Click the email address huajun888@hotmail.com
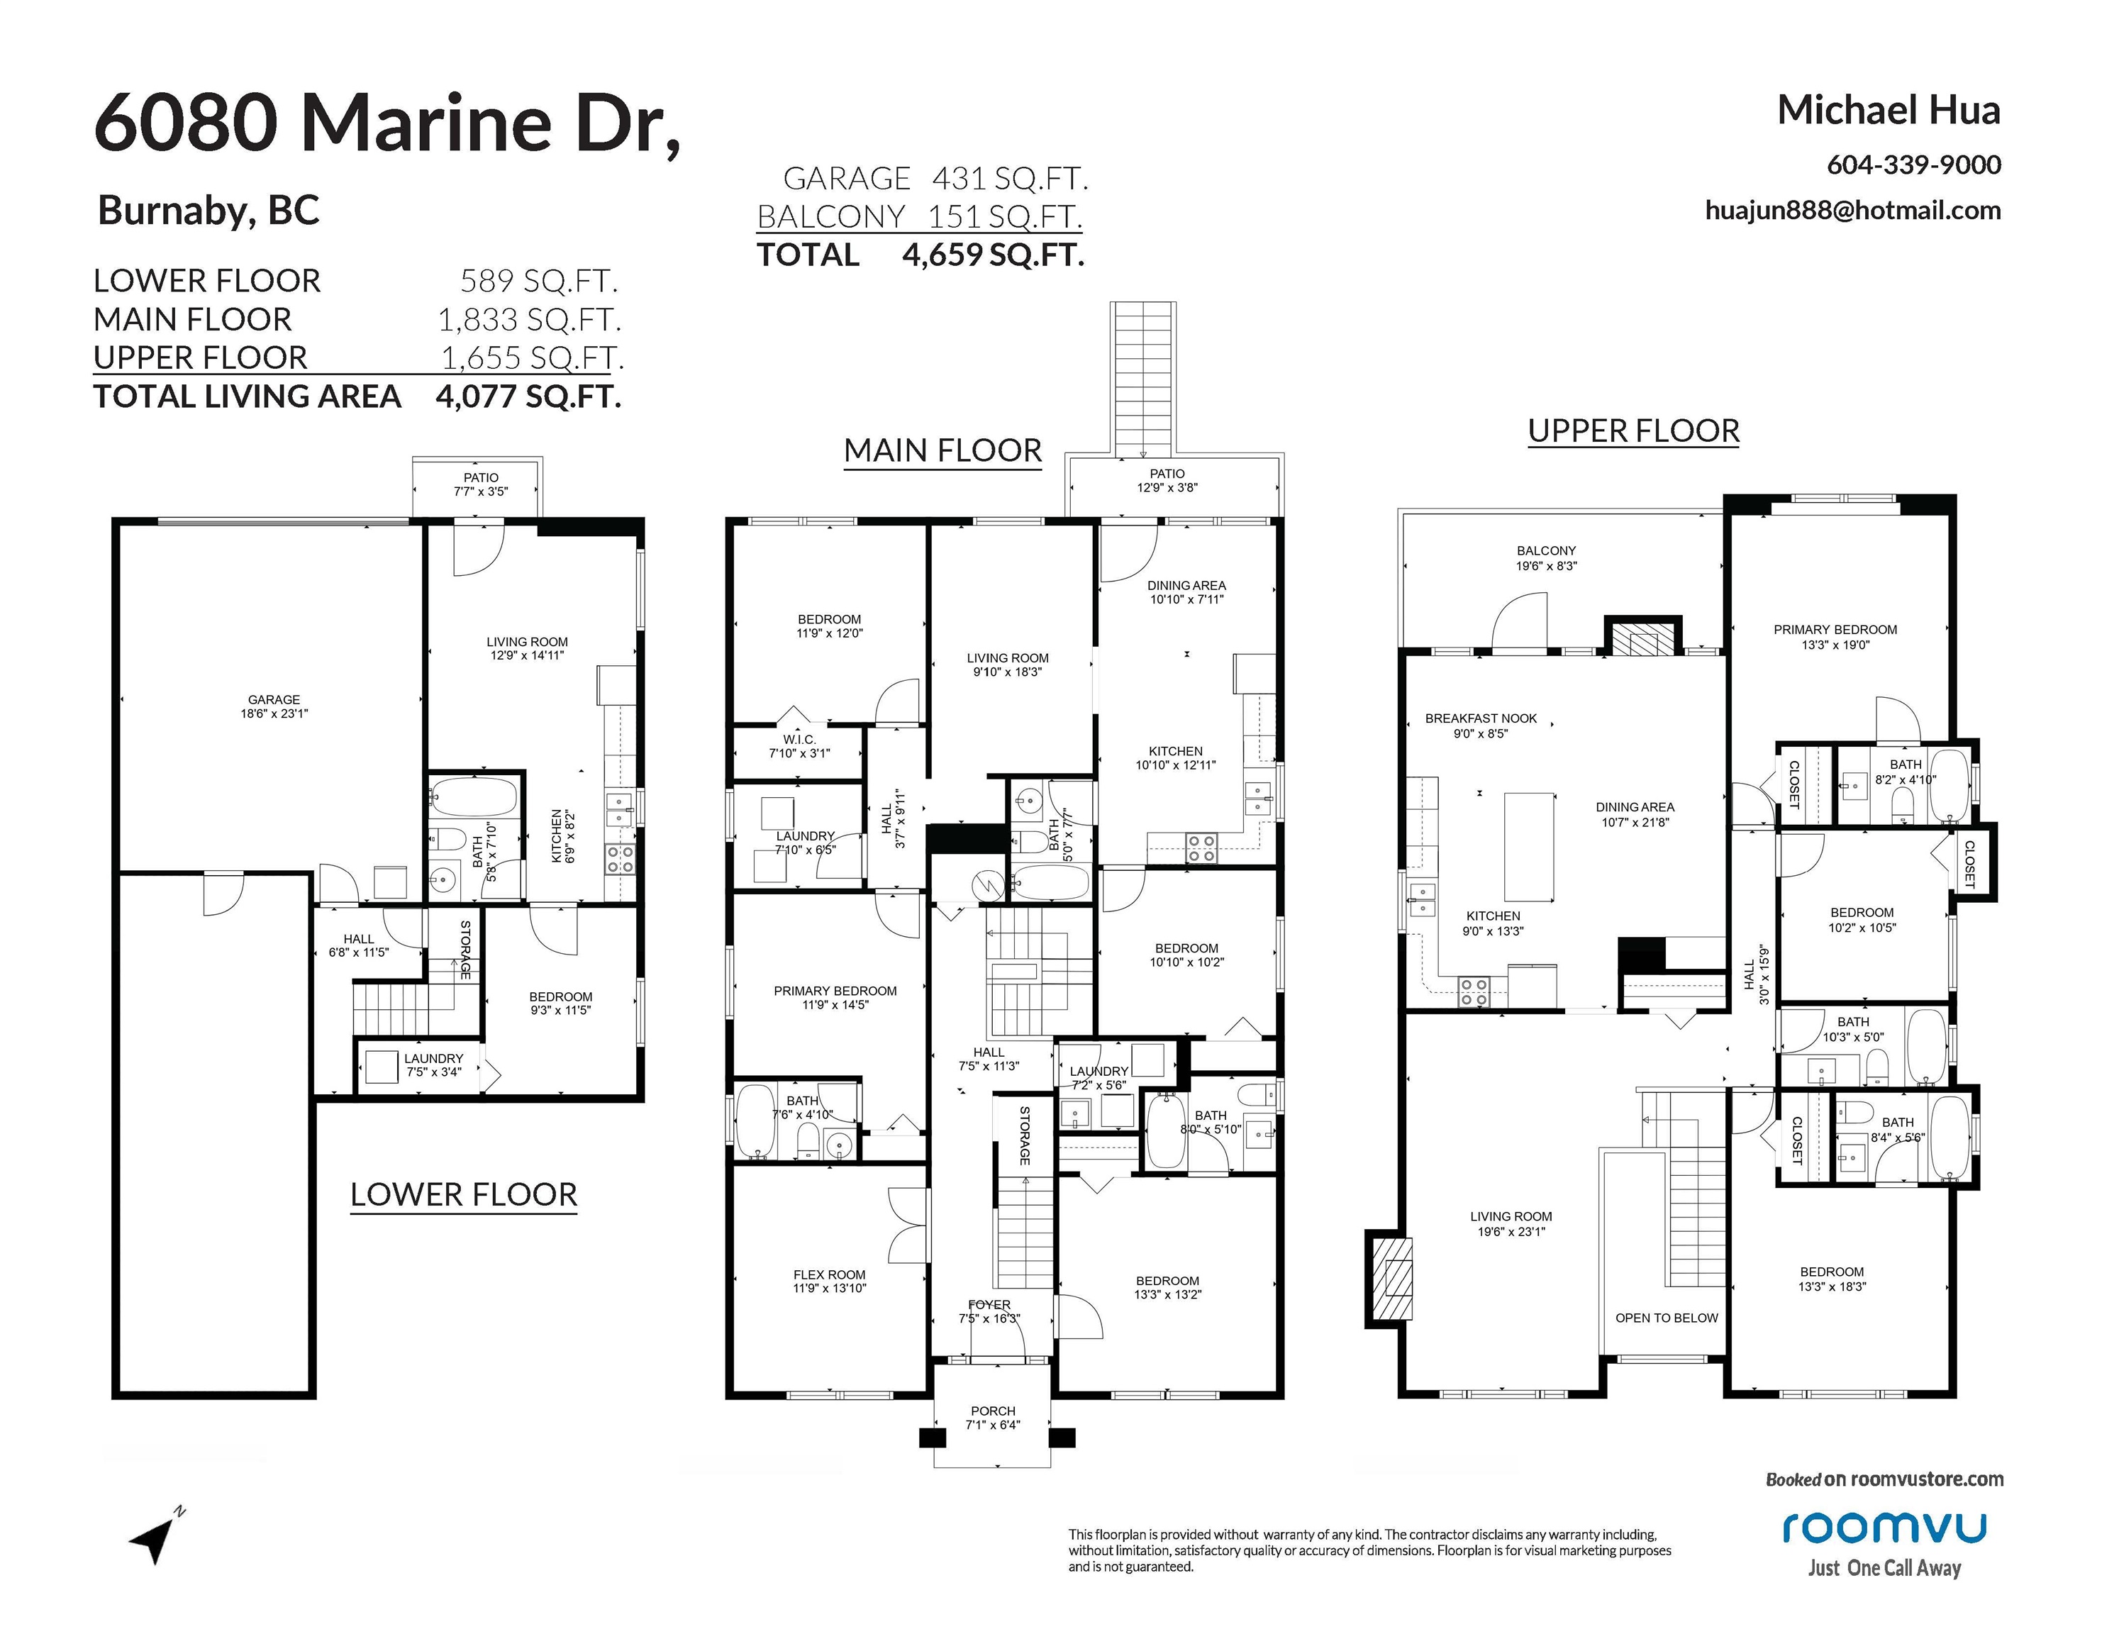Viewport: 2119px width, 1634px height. click(x=1853, y=211)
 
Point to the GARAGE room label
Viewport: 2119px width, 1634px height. click(x=274, y=699)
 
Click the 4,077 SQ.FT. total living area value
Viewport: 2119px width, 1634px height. click(x=529, y=396)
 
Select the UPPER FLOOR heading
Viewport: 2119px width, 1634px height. click(x=1634, y=430)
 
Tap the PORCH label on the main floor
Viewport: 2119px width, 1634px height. click(x=994, y=1411)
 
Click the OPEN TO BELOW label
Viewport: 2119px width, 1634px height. click(x=1666, y=1318)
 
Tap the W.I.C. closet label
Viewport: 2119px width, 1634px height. click(x=799, y=740)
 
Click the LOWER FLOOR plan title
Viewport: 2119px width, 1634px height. click(x=464, y=1194)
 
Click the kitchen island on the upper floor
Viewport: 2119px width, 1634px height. click(x=1529, y=847)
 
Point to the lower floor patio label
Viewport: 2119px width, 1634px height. click(x=482, y=477)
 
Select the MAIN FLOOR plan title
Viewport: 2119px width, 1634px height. click(x=943, y=450)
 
